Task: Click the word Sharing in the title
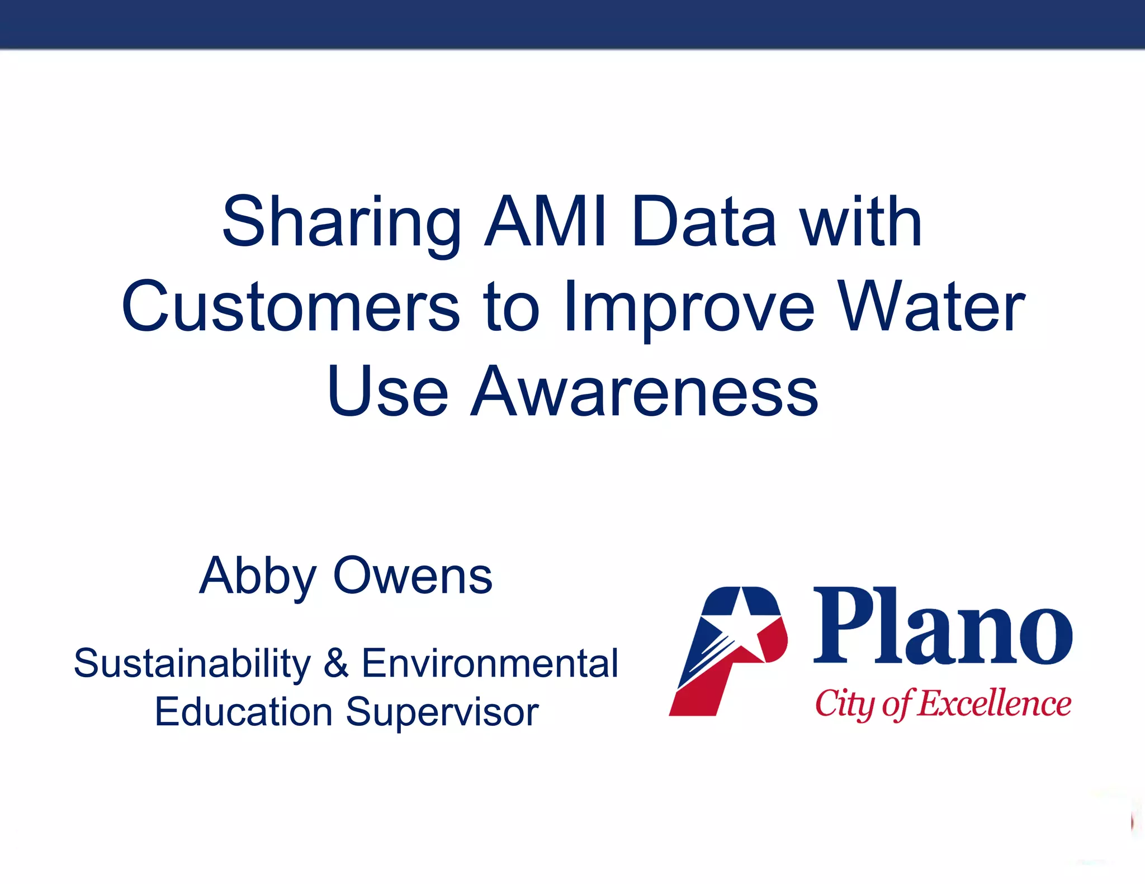tap(341, 224)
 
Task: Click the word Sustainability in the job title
tap(192, 664)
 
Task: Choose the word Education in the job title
tap(244, 712)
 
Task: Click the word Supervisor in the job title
tap(442, 713)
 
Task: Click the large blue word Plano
tap(943, 626)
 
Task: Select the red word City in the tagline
tap(844, 704)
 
